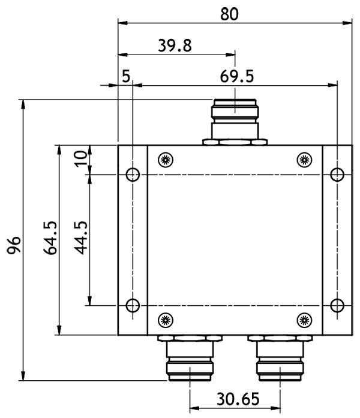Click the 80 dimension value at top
click(x=229, y=14)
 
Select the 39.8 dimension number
click(x=175, y=46)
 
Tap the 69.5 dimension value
click(x=237, y=77)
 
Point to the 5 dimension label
click(x=126, y=76)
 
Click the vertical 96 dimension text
click(x=14, y=245)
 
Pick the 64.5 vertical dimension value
click(x=50, y=238)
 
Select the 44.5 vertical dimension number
click(x=81, y=238)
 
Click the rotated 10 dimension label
click(x=81, y=159)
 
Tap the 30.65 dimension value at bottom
click(x=238, y=399)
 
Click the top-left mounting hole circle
click(x=133, y=175)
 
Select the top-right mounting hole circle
click(x=337, y=175)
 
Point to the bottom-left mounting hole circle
click(x=133, y=305)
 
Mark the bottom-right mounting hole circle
click(x=337, y=305)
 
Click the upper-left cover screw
click(x=166, y=160)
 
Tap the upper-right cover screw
click(x=304, y=160)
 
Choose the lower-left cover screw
click(x=166, y=320)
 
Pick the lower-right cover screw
click(x=304, y=320)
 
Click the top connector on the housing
click(x=235, y=122)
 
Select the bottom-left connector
click(x=190, y=358)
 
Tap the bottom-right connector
click(x=280, y=358)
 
